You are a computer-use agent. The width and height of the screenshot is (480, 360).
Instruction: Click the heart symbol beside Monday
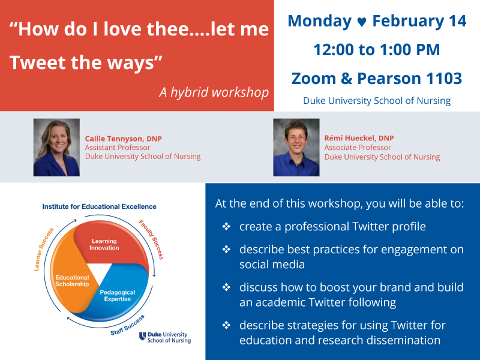coord(362,22)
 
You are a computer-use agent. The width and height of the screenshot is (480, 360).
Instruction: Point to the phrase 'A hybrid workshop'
coord(214,92)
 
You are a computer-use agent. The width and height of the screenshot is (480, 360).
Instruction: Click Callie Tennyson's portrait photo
coord(56,147)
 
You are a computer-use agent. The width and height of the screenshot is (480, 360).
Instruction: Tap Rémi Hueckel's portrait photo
coord(296,147)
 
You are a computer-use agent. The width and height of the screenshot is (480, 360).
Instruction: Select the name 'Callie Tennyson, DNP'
coord(124,139)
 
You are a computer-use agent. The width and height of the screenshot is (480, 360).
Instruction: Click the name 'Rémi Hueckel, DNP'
coord(359,138)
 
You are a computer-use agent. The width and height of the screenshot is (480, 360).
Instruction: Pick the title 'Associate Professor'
coord(358,148)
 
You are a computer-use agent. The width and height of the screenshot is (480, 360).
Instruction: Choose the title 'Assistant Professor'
coord(118,148)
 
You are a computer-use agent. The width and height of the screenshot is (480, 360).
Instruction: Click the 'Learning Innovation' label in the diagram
coord(104,244)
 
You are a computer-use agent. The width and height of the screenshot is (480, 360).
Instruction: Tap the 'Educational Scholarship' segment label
coord(72,281)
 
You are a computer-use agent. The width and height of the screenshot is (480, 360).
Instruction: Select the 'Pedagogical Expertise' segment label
coord(118,295)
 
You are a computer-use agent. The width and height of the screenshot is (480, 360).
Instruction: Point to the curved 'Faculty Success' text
coord(151,239)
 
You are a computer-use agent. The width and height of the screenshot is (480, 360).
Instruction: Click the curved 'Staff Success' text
coord(127,325)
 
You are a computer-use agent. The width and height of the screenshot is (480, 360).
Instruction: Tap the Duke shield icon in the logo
coord(142,336)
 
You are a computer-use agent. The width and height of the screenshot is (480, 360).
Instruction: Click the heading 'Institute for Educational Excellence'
coord(99,206)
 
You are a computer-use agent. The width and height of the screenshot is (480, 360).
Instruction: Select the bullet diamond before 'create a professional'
coord(226,227)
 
